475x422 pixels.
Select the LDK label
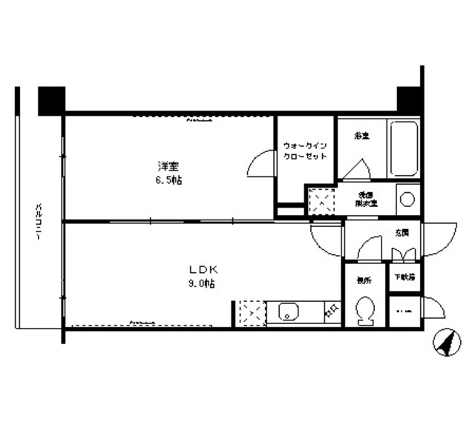200,268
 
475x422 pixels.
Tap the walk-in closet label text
304,152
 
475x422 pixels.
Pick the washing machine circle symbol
406,199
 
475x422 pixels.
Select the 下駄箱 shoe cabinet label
404,277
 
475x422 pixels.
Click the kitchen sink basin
287,312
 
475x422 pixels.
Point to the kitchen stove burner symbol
332,311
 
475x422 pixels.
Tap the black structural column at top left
51,99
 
